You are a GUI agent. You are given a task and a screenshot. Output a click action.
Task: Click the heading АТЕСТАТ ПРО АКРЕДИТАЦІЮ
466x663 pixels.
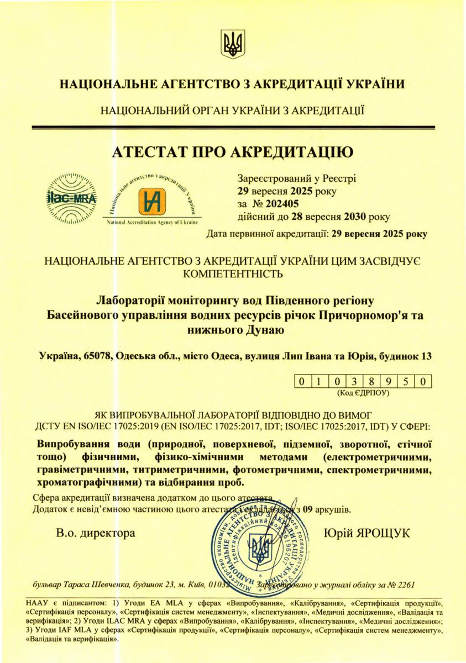click(233, 151)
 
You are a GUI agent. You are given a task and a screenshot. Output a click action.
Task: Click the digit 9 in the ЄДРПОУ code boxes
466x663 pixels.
click(389, 382)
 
